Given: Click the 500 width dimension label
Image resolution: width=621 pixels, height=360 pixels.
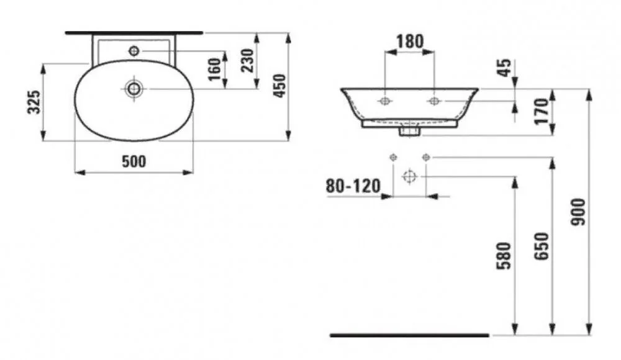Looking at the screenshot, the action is click(x=134, y=161).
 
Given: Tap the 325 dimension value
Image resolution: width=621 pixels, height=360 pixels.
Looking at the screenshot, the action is click(x=34, y=102).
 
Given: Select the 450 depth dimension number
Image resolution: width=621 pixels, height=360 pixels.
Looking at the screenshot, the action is click(x=279, y=86).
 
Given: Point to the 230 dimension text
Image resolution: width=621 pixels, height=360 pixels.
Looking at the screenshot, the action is click(x=247, y=60).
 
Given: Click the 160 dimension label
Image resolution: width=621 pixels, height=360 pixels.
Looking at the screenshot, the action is click(x=214, y=68).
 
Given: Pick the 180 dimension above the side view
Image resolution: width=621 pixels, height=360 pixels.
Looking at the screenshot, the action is click(x=410, y=41).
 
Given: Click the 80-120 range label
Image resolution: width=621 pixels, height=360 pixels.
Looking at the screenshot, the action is click(x=353, y=186).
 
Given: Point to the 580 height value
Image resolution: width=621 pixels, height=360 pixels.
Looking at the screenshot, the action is click(x=504, y=256).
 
